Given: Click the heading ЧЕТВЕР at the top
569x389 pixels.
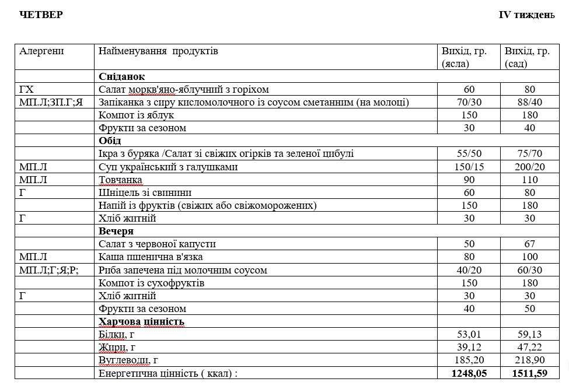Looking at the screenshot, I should pyautogui.click(x=41, y=15).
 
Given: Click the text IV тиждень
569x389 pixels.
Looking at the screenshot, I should pyautogui.click(x=526, y=15).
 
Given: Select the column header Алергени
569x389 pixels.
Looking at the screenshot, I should pyautogui.click(x=41, y=51).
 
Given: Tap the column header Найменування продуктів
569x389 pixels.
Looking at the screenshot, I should pyautogui.click(x=158, y=51).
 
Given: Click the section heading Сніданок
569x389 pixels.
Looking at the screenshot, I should pyautogui.click(x=122, y=77).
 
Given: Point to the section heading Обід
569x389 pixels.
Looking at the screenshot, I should pyautogui.click(x=110, y=141).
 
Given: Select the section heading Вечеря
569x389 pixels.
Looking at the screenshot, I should pyautogui.click(x=116, y=232).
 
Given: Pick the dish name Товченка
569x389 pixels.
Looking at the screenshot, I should pyautogui.click(x=120, y=180).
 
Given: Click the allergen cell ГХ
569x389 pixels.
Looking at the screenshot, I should pyautogui.click(x=27, y=90).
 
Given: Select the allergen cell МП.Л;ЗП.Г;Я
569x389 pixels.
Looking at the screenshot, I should pyautogui.click(x=51, y=103).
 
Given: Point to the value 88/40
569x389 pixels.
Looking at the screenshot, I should pyautogui.click(x=531, y=103).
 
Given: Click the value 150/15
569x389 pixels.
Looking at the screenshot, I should pyautogui.click(x=469, y=167).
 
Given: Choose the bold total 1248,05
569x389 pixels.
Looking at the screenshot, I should pyautogui.click(x=469, y=373).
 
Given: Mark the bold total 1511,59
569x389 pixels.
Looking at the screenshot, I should pyautogui.click(x=531, y=373).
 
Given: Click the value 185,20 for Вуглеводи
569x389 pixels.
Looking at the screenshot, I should pyautogui.click(x=469, y=360).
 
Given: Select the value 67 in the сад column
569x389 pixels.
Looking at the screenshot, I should pyautogui.click(x=531, y=244).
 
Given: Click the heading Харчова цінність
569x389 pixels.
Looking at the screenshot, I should pyautogui.click(x=142, y=322).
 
